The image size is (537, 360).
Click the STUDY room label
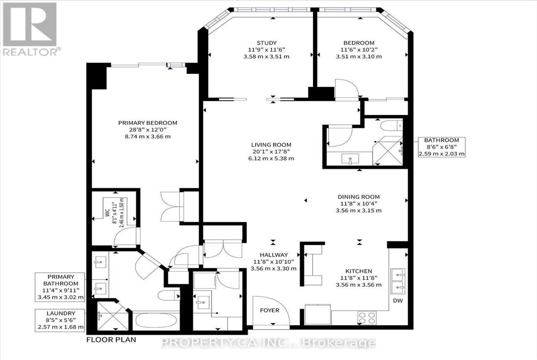click(x=267, y=43)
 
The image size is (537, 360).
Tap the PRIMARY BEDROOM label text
click(x=148, y=123)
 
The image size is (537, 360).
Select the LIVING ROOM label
click(x=271, y=144)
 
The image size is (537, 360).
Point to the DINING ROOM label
click(x=358, y=197)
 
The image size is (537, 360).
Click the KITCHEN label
click(x=358, y=271)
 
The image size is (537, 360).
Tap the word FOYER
click(x=270, y=310)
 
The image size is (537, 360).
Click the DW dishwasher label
click(x=398, y=301)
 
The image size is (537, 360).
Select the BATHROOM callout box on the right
click(x=442, y=147)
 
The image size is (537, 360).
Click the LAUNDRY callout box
click(x=60, y=320)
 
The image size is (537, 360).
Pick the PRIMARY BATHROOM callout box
click(x=60, y=287)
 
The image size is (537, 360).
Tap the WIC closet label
click(x=107, y=213)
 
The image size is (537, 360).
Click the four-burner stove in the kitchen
click(x=367, y=318)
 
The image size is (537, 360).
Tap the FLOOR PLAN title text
click(x=111, y=340)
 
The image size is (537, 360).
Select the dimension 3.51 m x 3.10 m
click(x=358, y=57)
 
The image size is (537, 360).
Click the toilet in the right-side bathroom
click(x=392, y=126)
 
